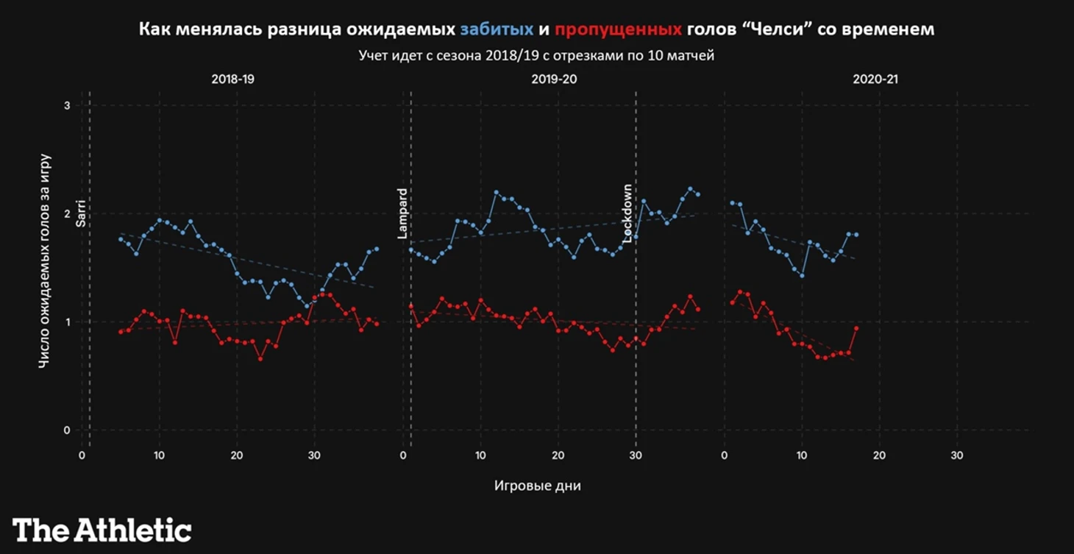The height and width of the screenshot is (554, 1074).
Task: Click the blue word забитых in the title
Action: click(496, 30)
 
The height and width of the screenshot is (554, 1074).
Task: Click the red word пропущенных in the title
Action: click(618, 30)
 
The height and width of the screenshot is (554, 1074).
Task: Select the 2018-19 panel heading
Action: click(232, 79)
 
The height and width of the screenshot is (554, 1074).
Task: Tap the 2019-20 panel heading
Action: click(553, 79)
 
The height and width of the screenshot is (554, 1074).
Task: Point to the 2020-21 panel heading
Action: click(875, 79)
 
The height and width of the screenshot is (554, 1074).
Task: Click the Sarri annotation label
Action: click(82, 213)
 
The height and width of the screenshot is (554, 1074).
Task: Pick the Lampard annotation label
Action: click(402, 213)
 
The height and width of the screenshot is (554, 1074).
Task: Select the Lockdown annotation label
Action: click(627, 213)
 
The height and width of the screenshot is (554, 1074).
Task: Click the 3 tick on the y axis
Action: click(67, 105)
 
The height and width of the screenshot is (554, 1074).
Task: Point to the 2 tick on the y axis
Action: click(67, 213)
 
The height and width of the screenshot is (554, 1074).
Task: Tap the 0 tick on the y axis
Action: click(67, 430)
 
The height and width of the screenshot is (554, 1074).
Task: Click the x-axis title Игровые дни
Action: click(537, 486)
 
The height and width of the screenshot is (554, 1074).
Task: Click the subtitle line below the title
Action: click(536, 56)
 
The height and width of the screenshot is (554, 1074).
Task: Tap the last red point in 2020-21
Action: click(856, 328)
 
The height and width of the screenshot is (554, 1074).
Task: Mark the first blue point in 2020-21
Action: click(732, 203)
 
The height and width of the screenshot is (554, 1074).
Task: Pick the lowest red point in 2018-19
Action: click(260, 358)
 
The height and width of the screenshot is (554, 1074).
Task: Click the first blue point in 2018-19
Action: click(121, 239)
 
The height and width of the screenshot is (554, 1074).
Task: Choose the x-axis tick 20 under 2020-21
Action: click(879, 455)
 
